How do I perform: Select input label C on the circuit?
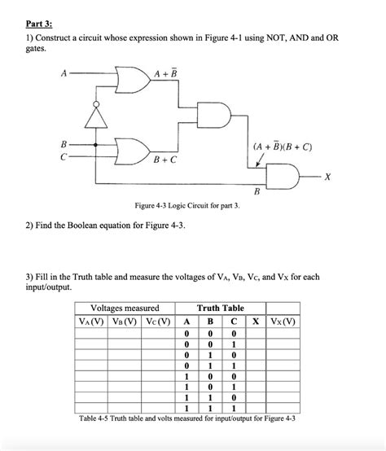(63, 156)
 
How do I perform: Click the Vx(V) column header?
(285, 320)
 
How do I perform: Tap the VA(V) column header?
(97, 320)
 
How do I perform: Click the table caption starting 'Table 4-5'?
(186, 418)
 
